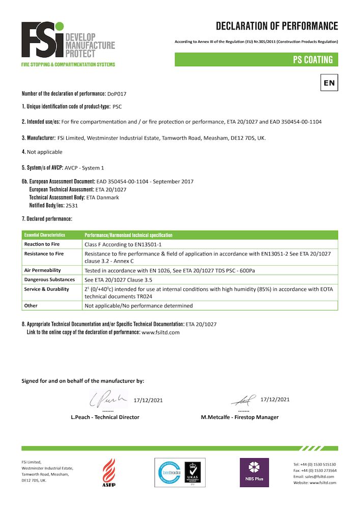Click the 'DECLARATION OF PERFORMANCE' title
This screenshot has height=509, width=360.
point(276,26)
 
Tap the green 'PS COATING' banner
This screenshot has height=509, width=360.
point(256,60)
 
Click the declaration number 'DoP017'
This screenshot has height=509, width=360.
point(117,94)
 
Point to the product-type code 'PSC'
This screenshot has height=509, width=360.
point(117,108)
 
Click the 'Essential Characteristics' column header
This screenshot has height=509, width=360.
point(45,235)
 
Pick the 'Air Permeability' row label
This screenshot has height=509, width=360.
point(43,270)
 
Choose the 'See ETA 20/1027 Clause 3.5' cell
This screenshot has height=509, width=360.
point(117,279)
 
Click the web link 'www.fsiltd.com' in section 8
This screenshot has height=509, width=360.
point(160,332)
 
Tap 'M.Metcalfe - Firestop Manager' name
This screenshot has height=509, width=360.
point(240,417)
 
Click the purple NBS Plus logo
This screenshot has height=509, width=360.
point(255,472)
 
